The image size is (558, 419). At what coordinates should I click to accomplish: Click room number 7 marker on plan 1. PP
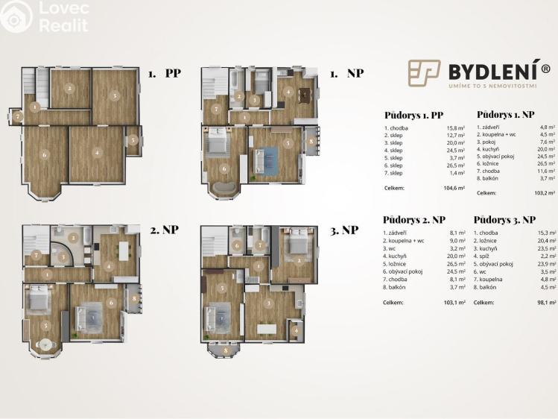pos(16,116)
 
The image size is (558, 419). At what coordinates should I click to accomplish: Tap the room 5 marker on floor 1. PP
pos(133,139)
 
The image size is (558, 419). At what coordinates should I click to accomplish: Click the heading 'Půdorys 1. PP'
pos(414,116)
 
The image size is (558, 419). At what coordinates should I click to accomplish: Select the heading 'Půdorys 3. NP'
pos(504,220)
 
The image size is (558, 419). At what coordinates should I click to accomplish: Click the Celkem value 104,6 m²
pos(451,188)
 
